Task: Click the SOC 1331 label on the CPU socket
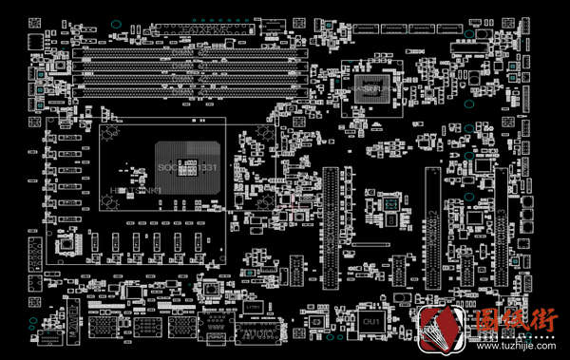click(188, 168)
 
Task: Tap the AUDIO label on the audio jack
click(250, 335)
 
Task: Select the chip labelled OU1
click(370, 324)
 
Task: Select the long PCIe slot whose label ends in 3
click(497, 228)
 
